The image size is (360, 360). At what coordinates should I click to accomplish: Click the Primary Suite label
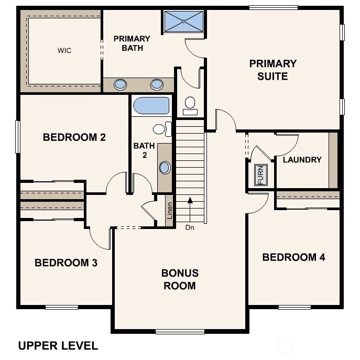pyautogui.click(x=272, y=70)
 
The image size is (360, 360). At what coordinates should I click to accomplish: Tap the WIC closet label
pyautogui.click(x=64, y=51)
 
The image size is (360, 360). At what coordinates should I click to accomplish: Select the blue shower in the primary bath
pyautogui.click(x=184, y=21)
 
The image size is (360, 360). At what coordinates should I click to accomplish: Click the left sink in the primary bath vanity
pyautogui.click(x=121, y=84)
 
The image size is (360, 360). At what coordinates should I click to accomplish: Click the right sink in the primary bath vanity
pyautogui.click(x=157, y=84)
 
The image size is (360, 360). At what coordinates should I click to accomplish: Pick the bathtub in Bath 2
pyautogui.click(x=151, y=105)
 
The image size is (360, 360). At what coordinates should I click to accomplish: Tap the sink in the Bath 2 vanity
pyautogui.click(x=165, y=168)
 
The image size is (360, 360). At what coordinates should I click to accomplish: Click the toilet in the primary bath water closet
pyautogui.click(x=190, y=104)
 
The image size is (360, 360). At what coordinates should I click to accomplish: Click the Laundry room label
pyautogui.click(x=302, y=159)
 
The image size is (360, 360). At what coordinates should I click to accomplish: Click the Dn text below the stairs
pyautogui.click(x=190, y=228)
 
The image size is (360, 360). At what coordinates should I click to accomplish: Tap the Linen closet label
pyautogui.click(x=169, y=211)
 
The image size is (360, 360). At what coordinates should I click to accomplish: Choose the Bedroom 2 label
pyautogui.click(x=74, y=137)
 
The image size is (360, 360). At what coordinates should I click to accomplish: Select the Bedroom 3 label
pyautogui.click(x=66, y=263)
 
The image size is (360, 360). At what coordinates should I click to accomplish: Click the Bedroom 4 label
pyautogui.click(x=293, y=257)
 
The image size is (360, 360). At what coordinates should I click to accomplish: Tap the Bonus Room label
pyautogui.click(x=180, y=279)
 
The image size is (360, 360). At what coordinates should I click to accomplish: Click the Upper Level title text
pyautogui.click(x=58, y=345)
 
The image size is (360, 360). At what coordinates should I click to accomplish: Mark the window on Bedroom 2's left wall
pyautogui.click(x=17, y=137)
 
